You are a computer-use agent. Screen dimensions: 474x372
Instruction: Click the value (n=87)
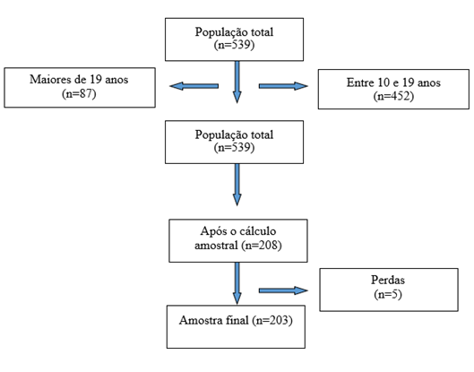pyautogui.click(x=79, y=94)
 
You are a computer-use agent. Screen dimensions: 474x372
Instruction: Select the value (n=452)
pyautogui.click(x=393, y=96)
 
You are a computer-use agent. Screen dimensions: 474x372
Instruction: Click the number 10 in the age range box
pyautogui.click(x=384, y=82)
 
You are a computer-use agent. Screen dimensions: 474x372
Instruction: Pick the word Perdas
pyautogui.click(x=388, y=280)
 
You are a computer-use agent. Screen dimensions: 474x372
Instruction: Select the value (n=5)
pyautogui.click(x=388, y=294)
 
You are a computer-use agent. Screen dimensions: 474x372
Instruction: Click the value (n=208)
pyautogui.click(x=262, y=245)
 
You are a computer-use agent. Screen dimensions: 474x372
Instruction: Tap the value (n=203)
pyautogui.click(x=272, y=320)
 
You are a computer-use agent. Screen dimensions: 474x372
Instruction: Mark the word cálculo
pyautogui.click(x=257, y=231)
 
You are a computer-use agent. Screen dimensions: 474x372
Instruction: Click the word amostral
pyautogui.click(x=216, y=245)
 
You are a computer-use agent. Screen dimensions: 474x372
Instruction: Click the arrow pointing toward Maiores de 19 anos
pyautogui.click(x=194, y=86)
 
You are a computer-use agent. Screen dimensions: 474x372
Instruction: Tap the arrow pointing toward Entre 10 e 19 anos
pyautogui.click(x=283, y=86)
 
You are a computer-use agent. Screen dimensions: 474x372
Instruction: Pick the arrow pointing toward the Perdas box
pyautogui.click(x=283, y=290)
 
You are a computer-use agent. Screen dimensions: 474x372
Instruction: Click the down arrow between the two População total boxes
pyautogui.click(x=237, y=82)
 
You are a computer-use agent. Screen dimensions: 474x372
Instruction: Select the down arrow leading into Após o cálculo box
pyautogui.click(x=237, y=185)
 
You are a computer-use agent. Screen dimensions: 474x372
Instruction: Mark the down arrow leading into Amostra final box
pyautogui.click(x=237, y=283)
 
